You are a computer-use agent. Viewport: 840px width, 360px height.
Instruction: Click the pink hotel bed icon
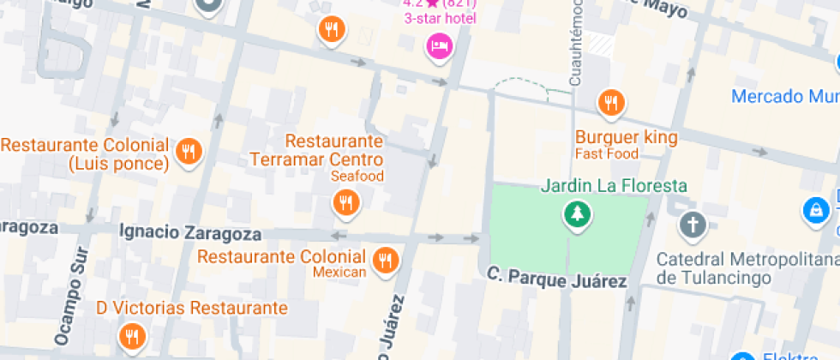(439, 45)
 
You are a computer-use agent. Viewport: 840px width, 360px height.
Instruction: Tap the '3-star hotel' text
(441, 17)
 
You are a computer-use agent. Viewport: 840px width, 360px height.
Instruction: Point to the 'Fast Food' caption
(607, 154)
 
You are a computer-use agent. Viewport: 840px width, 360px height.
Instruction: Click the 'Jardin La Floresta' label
(614, 185)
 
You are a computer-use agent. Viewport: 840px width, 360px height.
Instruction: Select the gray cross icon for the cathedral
(691, 225)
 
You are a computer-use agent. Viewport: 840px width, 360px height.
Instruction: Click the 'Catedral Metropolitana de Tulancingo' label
(741, 268)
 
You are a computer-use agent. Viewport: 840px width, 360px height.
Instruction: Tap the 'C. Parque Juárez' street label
(557, 278)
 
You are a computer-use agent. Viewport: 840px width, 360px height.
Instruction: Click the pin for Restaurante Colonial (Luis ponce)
(188, 152)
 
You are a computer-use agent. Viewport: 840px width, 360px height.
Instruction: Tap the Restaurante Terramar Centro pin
(345, 203)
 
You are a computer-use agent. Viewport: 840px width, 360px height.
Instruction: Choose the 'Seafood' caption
(357, 176)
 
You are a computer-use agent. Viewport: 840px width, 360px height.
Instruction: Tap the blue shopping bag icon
(814, 209)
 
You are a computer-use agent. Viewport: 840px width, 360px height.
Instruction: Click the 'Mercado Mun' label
(784, 95)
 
